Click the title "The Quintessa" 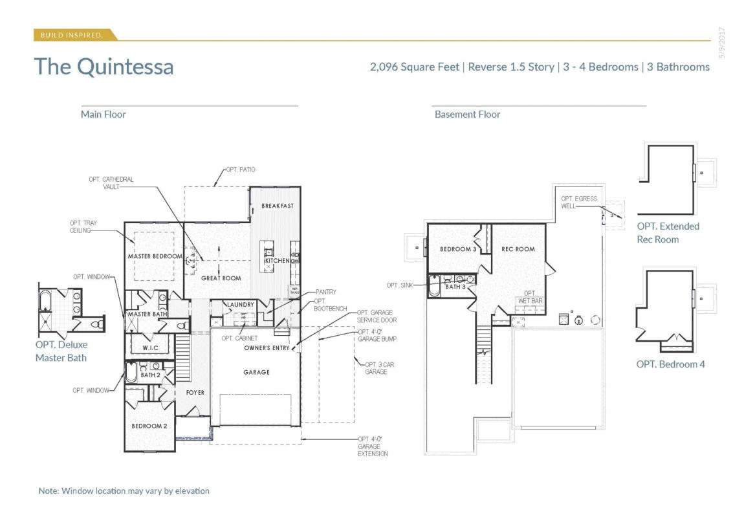(x=104, y=67)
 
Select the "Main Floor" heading (x=103, y=115)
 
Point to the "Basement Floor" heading (x=467, y=115)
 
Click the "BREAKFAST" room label (x=278, y=206)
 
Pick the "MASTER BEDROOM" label (x=155, y=256)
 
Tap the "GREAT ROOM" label (x=221, y=278)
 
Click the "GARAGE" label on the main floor (x=256, y=373)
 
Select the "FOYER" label (x=195, y=393)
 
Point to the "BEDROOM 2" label (x=149, y=426)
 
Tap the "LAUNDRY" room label (x=239, y=305)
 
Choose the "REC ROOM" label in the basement (x=518, y=249)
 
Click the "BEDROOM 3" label (x=458, y=249)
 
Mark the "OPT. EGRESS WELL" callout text (x=579, y=202)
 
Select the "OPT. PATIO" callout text (x=240, y=170)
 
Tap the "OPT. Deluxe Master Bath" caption (x=61, y=351)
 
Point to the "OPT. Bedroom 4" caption (x=670, y=364)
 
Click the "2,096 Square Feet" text (x=414, y=67)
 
